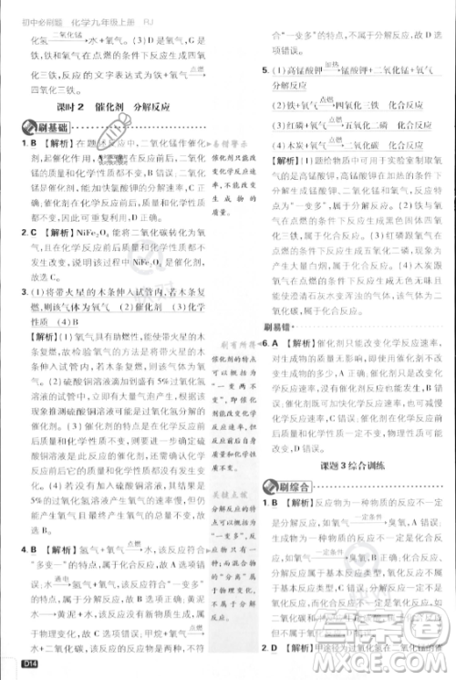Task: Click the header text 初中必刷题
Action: (x=36, y=12)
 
